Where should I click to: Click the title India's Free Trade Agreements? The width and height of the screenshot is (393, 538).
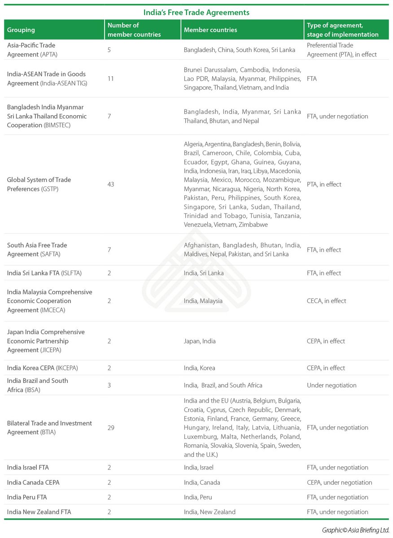coord(196,12)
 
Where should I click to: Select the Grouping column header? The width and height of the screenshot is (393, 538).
coord(21,30)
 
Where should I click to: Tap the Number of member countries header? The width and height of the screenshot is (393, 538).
coord(134,30)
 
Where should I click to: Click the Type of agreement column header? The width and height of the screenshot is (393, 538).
coord(343,30)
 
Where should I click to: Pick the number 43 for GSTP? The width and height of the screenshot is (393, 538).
coord(111,184)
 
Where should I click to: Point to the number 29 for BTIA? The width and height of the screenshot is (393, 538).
coord(111,428)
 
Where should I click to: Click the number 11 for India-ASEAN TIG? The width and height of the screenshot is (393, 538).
coord(111,78)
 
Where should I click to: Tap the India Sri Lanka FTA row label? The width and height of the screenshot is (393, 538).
coord(44,273)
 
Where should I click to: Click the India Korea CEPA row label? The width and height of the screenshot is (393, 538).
coord(42,368)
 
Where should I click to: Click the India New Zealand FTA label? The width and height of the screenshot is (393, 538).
coord(39,512)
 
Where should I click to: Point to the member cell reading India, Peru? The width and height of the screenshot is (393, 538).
coord(198,497)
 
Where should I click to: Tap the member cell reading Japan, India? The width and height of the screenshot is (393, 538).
coord(200,341)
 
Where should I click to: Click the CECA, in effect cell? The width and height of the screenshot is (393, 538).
coord(326,301)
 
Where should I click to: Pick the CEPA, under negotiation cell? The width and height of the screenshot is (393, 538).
coord(339,482)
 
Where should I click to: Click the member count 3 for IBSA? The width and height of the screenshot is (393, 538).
coord(109,385)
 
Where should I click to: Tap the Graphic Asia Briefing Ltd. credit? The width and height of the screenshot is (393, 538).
coord(355,530)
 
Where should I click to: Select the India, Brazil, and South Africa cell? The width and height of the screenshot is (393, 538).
coord(223,385)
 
